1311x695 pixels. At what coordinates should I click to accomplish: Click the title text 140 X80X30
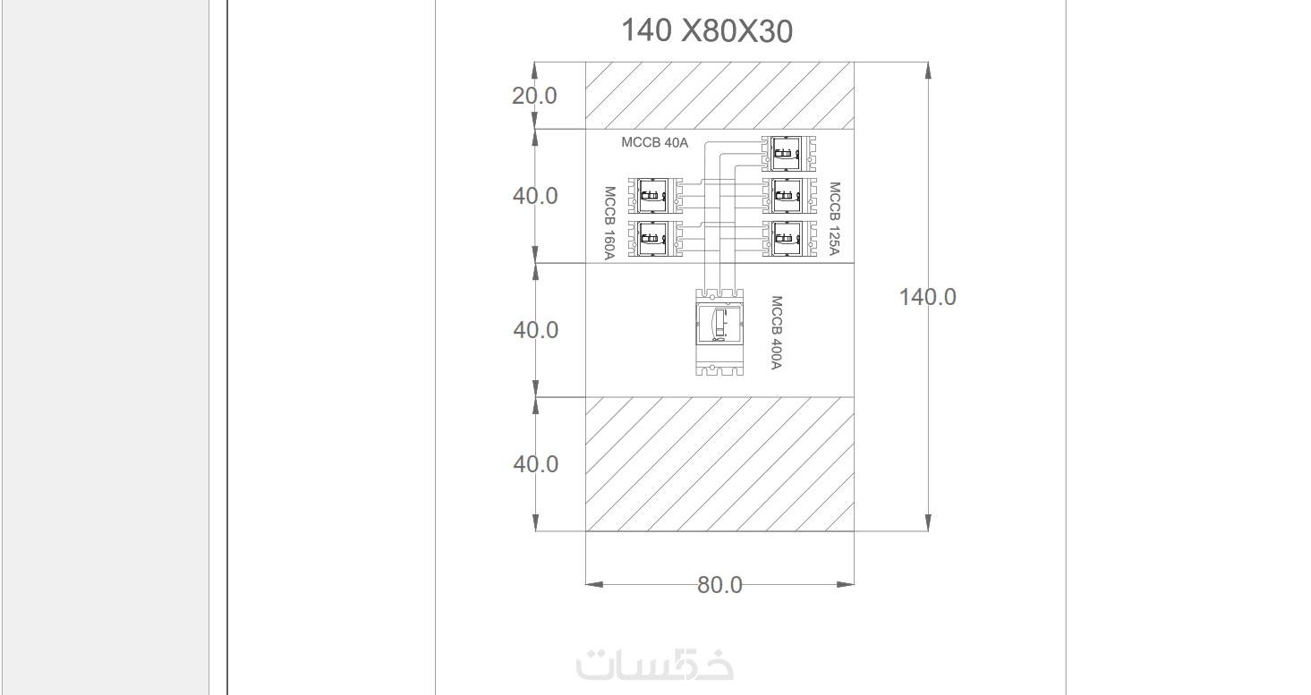tap(706, 30)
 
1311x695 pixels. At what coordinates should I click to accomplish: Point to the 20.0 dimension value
tap(534, 96)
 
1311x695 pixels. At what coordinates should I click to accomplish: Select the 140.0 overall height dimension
tap(927, 297)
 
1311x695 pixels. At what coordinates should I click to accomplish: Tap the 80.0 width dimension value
tap(719, 585)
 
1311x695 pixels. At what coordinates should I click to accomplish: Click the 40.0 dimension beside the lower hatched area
tap(535, 464)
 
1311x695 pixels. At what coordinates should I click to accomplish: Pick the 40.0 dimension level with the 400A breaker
tap(535, 331)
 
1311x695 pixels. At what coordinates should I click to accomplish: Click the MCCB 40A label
tap(655, 142)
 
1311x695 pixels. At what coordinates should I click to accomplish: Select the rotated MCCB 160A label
tap(609, 223)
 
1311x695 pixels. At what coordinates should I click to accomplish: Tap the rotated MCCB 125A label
tap(835, 218)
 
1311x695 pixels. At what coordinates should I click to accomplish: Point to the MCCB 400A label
tap(777, 333)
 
